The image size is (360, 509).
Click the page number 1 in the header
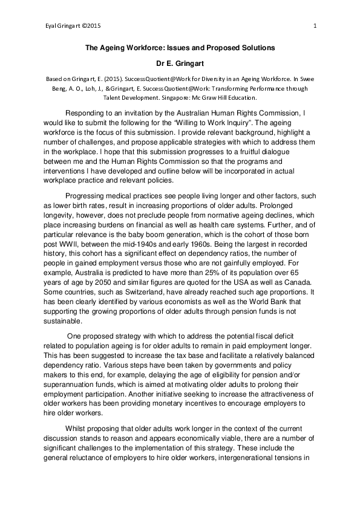(316, 25)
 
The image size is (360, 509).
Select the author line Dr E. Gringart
(180, 63)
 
